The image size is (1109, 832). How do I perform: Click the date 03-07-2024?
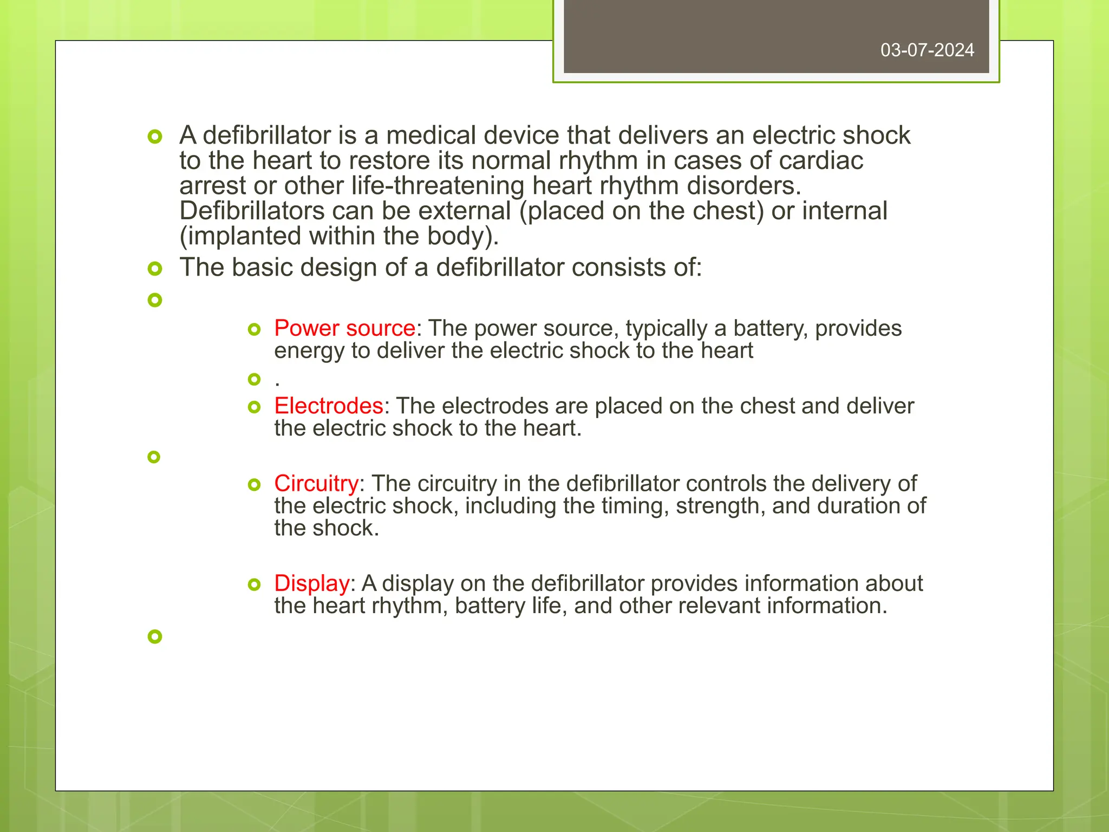(x=927, y=50)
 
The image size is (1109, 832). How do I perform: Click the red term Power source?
(x=344, y=328)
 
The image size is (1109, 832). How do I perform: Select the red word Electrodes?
(x=329, y=406)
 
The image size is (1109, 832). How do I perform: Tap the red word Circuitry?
(x=316, y=483)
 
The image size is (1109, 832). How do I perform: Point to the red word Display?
(x=312, y=583)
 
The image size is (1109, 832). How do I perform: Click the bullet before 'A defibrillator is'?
(x=155, y=136)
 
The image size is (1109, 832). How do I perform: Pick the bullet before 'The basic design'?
(x=155, y=268)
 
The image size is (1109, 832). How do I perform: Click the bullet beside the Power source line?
(x=254, y=329)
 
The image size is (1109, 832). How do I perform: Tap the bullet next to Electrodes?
(x=254, y=407)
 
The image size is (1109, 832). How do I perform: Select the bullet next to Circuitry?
(x=254, y=484)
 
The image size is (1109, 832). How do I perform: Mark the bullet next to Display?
(x=254, y=584)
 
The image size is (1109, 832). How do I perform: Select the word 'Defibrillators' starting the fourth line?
(x=252, y=211)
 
